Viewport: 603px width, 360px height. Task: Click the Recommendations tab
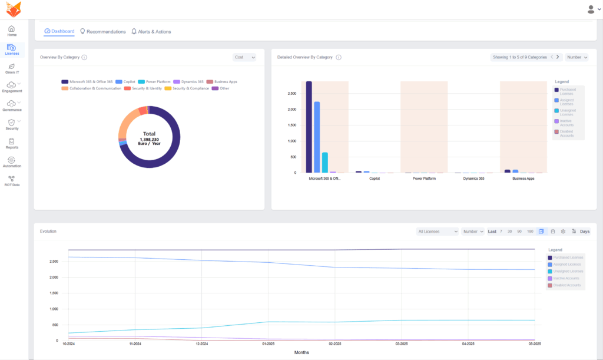tap(102, 31)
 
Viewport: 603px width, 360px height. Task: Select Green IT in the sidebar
tap(12, 69)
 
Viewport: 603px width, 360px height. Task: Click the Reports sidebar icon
tap(12, 144)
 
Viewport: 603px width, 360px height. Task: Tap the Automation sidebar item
tap(12, 163)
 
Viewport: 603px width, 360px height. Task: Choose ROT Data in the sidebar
tap(12, 181)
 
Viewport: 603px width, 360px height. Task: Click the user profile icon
tap(591, 9)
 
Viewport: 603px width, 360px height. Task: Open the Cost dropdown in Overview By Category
tap(244, 57)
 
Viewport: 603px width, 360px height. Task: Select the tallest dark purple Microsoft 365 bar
tap(309, 127)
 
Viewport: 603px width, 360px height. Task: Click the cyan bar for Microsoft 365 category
tap(324, 163)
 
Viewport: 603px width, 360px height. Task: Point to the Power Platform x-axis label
tap(424, 178)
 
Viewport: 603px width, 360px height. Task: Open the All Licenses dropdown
tap(437, 232)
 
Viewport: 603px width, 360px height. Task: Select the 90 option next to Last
tap(519, 232)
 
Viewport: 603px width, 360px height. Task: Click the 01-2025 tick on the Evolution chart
tap(269, 344)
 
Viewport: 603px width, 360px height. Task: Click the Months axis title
tap(301, 352)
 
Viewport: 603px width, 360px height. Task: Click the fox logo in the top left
tap(12, 9)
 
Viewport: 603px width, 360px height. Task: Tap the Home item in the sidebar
tap(12, 31)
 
